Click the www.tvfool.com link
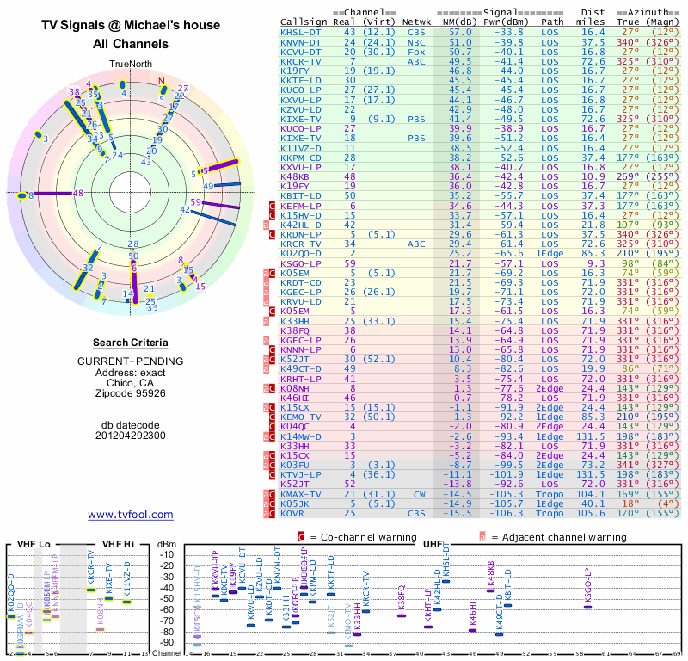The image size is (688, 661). click(x=131, y=515)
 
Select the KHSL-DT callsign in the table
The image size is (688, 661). click(x=302, y=33)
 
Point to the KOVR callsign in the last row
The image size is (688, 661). click(x=296, y=513)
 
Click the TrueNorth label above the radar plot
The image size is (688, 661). click(x=130, y=65)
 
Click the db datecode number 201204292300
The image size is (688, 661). click(x=131, y=436)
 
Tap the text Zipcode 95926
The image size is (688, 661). click(x=131, y=393)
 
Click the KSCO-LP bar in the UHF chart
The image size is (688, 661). click(x=589, y=607)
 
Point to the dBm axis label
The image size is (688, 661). click(x=167, y=543)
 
